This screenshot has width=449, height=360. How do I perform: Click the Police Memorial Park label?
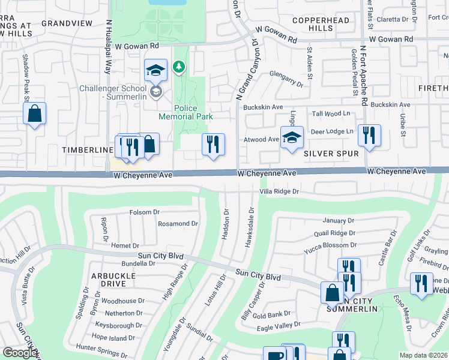coord(186,112)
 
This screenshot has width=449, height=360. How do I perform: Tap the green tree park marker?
coord(178,67)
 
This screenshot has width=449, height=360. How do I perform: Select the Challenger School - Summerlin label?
coord(112,92)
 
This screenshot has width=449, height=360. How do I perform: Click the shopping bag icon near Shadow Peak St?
coord(34,113)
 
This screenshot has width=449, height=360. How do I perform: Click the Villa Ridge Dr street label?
coord(279,191)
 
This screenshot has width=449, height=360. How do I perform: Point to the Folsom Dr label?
coord(145,212)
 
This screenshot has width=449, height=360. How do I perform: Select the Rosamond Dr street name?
coord(178,224)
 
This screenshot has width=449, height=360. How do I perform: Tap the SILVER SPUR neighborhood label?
coord(331,154)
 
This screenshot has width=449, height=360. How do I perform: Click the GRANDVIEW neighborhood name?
coord(67,23)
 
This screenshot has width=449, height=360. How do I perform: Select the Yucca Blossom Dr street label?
coord(331,245)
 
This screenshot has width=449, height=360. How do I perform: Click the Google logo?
coord(20,353)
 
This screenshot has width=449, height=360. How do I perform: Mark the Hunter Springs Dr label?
coord(103,347)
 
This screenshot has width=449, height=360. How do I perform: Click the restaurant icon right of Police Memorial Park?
coord(213,145)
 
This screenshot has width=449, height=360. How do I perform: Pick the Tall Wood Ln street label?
coord(331,113)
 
